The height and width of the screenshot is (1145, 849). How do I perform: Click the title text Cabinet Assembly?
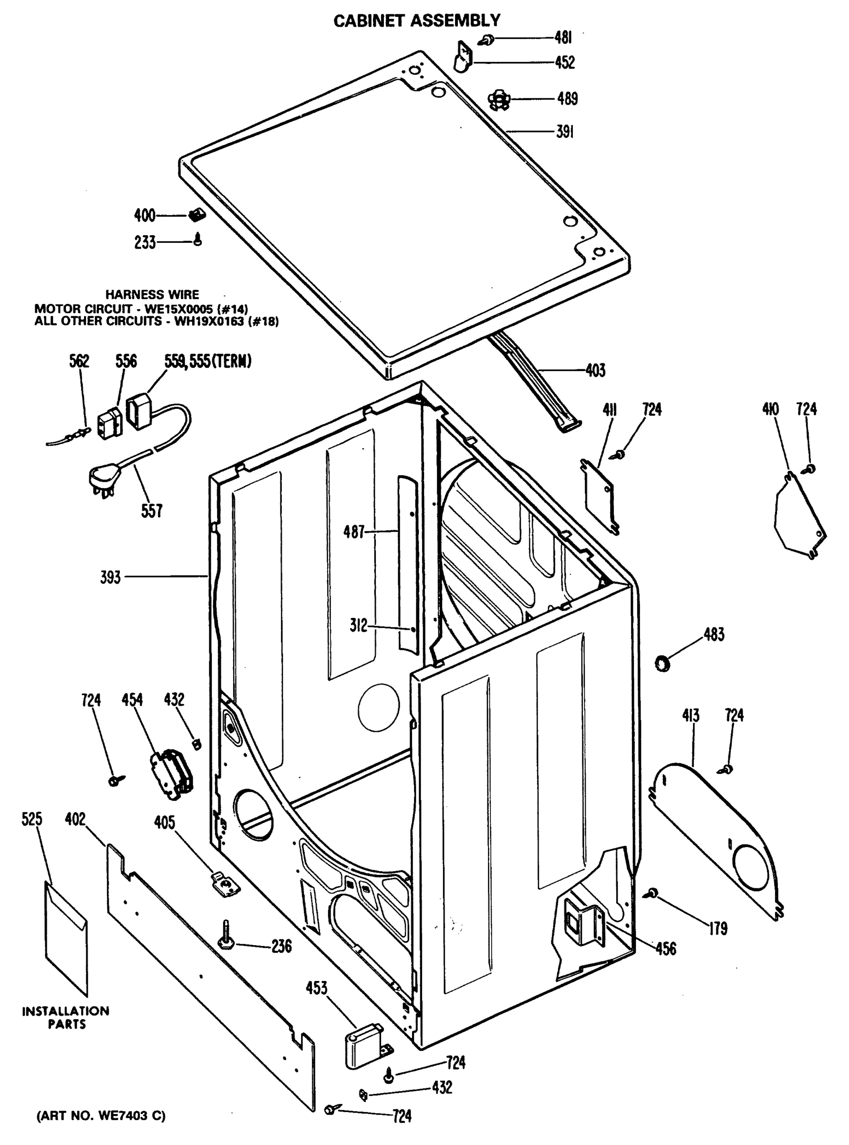click(x=417, y=21)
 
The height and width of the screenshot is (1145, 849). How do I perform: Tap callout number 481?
click(x=563, y=38)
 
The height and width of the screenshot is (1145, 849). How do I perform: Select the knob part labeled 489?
click(x=498, y=99)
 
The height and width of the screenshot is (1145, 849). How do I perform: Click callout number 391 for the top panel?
click(x=564, y=132)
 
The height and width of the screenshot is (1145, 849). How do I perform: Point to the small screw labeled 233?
click(x=198, y=239)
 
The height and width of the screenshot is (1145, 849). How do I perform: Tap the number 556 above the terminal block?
click(x=125, y=361)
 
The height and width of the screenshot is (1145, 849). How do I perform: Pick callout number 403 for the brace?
click(x=595, y=370)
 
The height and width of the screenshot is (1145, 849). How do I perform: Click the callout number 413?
click(x=691, y=715)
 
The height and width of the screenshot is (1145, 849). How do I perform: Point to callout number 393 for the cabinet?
click(x=111, y=577)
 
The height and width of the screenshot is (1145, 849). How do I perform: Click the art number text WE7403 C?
click(x=101, y=1116)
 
